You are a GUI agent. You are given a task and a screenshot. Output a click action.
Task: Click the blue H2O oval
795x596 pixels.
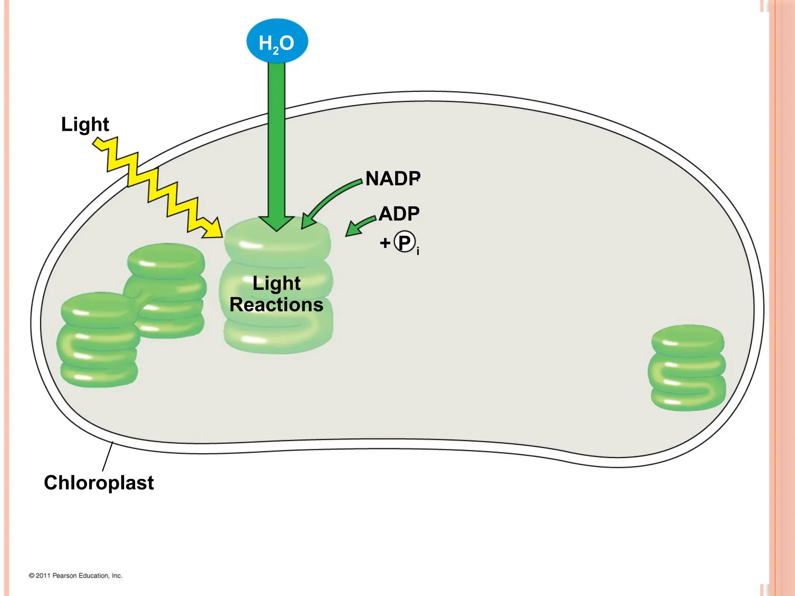coord(277,41)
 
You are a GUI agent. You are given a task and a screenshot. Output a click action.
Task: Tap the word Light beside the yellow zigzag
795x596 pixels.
coord(85,125)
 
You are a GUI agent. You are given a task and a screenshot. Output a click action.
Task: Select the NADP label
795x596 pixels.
coord(392,179)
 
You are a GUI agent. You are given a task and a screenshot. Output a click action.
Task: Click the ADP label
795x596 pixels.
coord(399,214)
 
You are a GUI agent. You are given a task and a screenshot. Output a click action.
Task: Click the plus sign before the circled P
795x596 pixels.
coord(385,243)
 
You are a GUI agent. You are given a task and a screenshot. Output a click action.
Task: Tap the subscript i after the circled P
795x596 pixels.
coord(418,251)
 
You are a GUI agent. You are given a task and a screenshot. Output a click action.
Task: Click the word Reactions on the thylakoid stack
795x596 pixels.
coord(276,305)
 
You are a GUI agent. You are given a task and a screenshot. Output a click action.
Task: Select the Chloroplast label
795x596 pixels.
coord(99,483)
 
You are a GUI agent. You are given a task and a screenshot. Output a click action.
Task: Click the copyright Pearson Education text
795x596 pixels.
coord(76,575)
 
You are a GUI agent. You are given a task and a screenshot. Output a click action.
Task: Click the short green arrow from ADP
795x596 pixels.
coord(359,226)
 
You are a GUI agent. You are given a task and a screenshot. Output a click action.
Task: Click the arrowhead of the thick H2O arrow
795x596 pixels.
coord(277,223)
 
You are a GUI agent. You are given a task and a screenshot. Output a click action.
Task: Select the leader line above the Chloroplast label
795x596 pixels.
coord(108,457)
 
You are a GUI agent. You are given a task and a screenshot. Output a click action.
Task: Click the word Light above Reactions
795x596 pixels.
coord(276,283)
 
